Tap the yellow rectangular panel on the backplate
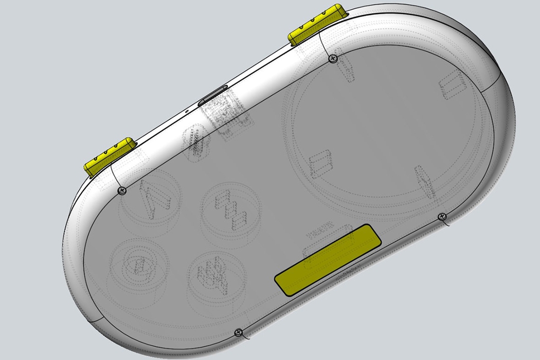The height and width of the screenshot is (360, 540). point(329,259)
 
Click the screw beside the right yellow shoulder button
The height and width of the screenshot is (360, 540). point(333,59)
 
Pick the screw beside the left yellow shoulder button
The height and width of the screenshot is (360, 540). point(122,191)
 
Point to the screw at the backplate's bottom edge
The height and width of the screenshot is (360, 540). point(238,332)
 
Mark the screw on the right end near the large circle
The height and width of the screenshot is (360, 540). point(441,217)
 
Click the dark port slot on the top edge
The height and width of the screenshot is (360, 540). point(215,94)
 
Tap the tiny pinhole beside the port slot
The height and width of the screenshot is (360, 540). point(187,110)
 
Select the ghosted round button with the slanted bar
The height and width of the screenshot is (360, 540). point(150,198)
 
